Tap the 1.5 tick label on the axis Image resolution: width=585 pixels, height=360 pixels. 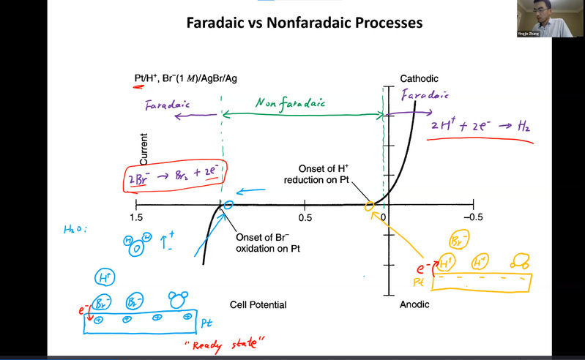point(135,217)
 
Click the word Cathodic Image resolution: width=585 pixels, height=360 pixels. point(418,78)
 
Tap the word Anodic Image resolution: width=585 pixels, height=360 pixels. point(414,304)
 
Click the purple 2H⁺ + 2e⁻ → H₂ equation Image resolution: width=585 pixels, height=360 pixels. point(480,126)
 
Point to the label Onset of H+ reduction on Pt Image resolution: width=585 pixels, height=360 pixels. point(329,175)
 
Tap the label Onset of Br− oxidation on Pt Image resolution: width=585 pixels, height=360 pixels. point(269,243)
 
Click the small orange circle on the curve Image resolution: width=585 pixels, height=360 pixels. point(370,207)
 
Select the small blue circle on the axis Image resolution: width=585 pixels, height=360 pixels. point(228,206)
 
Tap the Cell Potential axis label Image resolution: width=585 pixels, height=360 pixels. point(258,304)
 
